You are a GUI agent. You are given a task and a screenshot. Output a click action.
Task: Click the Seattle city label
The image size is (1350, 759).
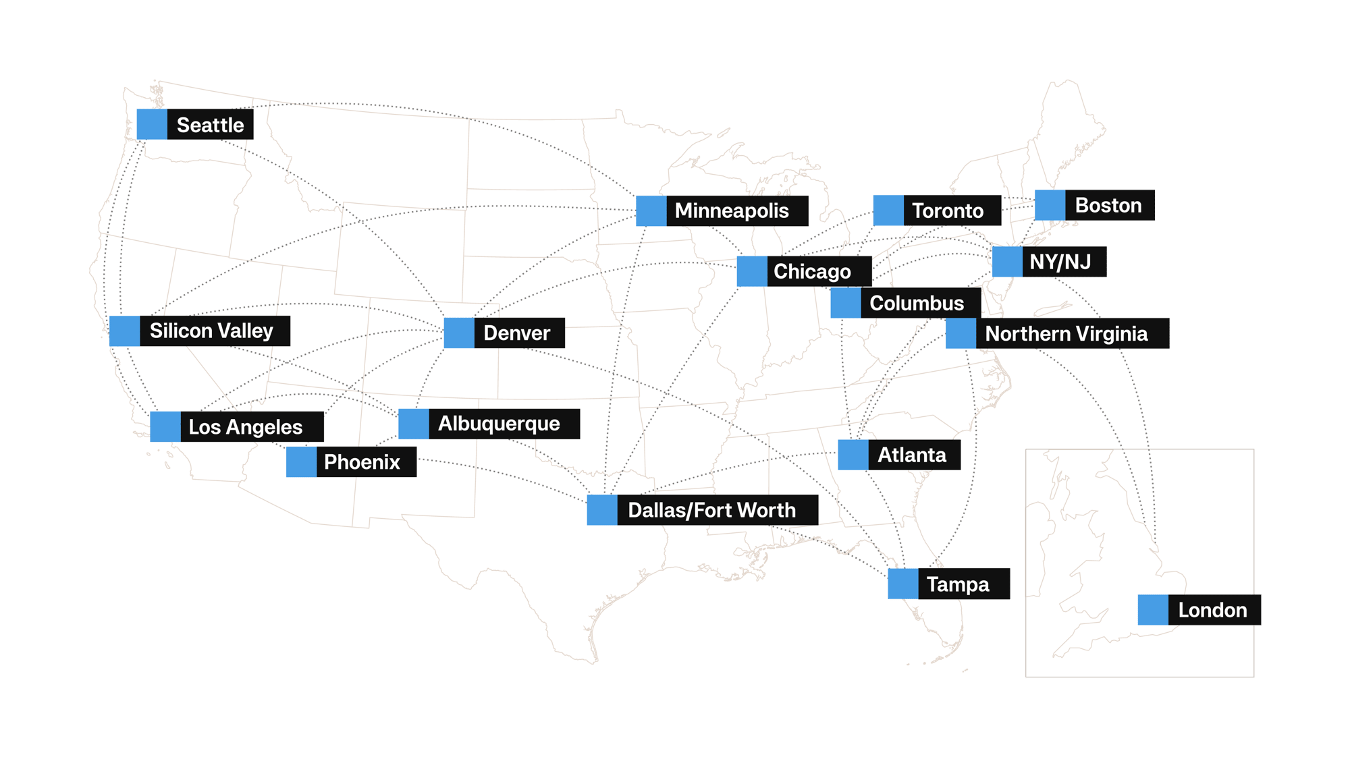coord(210,125)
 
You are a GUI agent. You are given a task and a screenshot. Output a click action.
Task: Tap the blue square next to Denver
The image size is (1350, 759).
coord(459,333)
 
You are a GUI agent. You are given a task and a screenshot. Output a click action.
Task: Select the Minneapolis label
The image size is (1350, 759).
coord(732,211)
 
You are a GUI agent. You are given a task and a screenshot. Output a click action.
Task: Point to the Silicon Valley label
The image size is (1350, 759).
coord(211,331)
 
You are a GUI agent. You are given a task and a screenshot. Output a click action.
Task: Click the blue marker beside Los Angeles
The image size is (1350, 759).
coord(165,427)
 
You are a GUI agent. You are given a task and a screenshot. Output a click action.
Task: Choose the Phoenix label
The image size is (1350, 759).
coord(362,462)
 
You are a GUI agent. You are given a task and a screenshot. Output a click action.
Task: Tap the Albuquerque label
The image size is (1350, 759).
coord(500,424)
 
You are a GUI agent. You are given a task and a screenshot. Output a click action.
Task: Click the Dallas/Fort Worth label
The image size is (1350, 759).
coord(712,510)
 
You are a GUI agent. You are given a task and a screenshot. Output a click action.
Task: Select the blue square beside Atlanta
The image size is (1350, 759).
coord(853,455)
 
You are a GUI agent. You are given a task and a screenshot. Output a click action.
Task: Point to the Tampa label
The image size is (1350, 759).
coord(958,584)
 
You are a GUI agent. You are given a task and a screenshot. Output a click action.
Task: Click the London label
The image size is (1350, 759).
coord(1212,610)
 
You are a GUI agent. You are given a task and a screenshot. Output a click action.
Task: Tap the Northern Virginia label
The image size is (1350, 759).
coord(1066,333)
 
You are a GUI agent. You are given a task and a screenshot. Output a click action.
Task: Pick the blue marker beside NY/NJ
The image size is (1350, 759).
coord(1007,262)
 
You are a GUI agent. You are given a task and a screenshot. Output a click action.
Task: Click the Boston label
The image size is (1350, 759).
coord(1108,205)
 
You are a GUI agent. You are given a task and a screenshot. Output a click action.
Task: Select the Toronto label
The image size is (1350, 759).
coord(948,210)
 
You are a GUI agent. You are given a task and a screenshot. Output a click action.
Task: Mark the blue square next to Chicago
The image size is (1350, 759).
coord(752,271)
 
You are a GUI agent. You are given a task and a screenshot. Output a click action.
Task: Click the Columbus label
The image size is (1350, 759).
coord(917,303)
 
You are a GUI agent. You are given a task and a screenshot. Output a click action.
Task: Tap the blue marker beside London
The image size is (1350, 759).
coord(1153,610)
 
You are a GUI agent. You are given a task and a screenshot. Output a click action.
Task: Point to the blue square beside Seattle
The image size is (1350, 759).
coord(152,125)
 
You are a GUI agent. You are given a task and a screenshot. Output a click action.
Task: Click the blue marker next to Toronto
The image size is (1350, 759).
coord(888,210)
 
